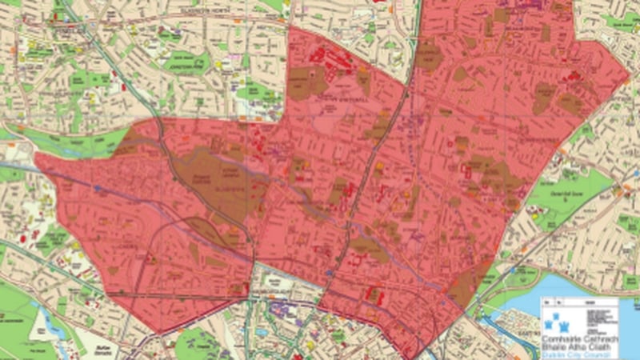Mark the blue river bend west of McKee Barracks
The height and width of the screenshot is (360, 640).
pyautogui.click(x=48, y=320)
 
